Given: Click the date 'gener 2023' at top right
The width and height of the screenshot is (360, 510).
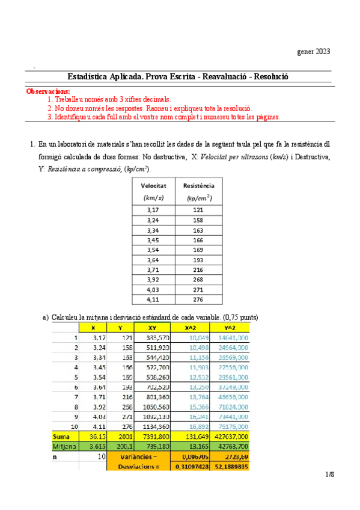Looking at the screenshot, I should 313,51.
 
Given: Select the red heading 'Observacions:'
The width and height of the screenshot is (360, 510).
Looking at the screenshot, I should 48,91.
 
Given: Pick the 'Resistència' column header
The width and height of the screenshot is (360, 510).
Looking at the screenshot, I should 198,186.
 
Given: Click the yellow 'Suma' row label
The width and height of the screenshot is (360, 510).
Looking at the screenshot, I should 63,435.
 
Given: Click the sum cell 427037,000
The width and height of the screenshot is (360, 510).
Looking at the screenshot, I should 229,435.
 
